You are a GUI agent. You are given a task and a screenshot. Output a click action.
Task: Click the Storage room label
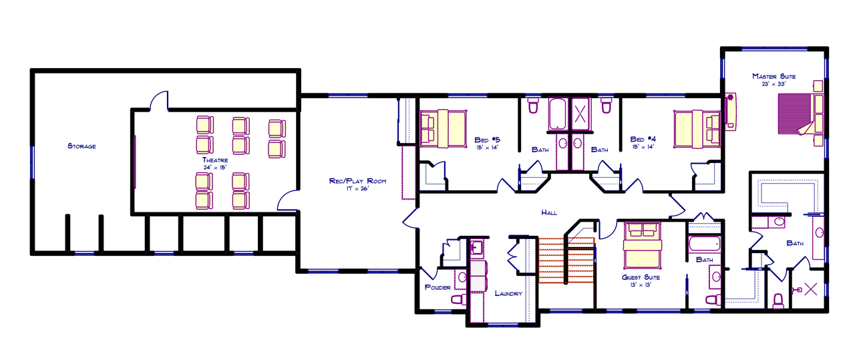tap(81, 146)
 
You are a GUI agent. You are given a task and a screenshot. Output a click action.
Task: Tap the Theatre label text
tap(215, 160)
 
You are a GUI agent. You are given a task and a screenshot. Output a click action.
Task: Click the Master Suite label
tap(774, 76)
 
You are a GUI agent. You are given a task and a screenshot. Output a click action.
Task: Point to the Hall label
tap(549, 212)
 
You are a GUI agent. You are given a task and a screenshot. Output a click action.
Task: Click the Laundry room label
tap(508, 293)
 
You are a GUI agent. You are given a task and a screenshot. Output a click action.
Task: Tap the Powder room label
tap(438, 288)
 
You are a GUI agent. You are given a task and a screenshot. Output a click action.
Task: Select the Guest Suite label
tap(641, 277)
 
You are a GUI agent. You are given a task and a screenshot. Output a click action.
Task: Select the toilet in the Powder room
tap(458, 300)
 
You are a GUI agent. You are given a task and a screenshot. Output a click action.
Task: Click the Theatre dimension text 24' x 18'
tap(215, 168)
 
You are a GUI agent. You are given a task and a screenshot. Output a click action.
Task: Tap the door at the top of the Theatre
tap(159, 102)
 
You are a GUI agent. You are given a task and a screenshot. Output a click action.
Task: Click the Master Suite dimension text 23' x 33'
tap(774, 84)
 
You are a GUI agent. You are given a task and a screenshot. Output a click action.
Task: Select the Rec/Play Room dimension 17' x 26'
tap(358, 189)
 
